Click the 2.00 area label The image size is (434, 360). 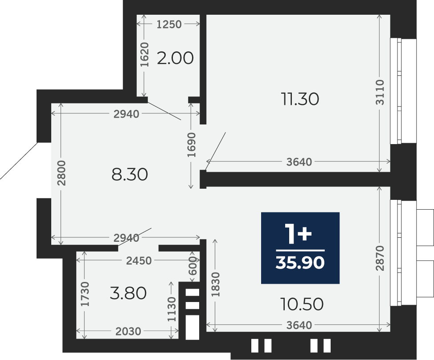pos(175,58)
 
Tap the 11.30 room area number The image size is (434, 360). pos(300,99)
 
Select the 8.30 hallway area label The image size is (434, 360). pos(130,174)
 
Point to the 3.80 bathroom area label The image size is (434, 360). pos(128,293)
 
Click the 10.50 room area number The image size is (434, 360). pos(302,304)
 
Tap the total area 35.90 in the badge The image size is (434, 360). pos(300,262)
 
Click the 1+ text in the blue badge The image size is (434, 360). pos(299,235)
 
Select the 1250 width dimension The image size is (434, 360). pos(169,25)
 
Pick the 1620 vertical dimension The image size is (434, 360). pos(144,54)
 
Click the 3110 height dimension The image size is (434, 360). pos(380,92)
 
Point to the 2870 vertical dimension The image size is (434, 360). pos(380,258)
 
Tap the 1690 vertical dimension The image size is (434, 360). pos(191,145)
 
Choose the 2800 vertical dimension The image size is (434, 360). pos(61,173)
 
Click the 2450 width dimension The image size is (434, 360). pos(139,261)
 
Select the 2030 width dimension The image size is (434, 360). pos(128,331)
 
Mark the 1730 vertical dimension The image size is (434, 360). pos(85,294)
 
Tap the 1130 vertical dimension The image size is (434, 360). pos(172,309)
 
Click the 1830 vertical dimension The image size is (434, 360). pos(216,284)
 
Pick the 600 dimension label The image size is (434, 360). pos(193,265)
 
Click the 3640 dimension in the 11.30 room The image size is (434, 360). pos(299,162)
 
